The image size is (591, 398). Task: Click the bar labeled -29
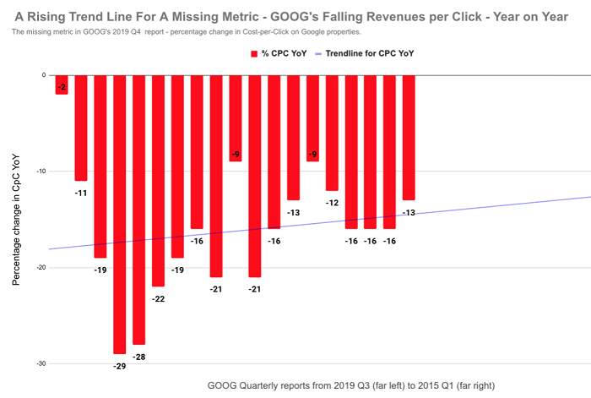pos(119,215)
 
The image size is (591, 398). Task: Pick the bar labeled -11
pos(81,128)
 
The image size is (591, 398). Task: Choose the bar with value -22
pos(158,181)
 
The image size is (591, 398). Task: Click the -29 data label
pos(119,366)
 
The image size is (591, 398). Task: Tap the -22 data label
pos(158,299)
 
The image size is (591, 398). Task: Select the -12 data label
pos(332,203)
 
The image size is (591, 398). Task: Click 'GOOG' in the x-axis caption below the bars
pos(223,385)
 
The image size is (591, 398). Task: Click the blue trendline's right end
pos(588,197)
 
